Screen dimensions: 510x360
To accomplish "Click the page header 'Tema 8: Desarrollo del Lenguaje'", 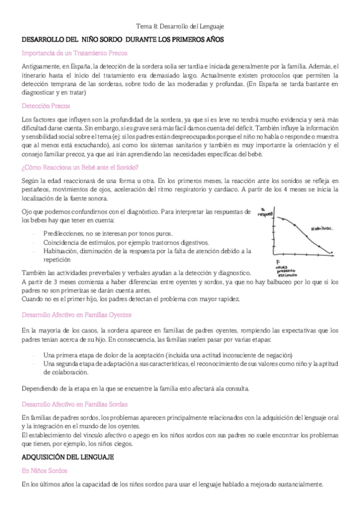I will [x=180, y=26].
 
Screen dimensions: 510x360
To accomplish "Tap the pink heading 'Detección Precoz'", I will [x=46, y=105].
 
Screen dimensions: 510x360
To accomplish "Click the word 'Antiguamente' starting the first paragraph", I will [x=40, y=66].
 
